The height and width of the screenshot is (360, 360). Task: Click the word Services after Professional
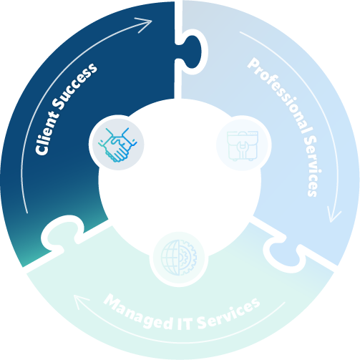pos(313,167)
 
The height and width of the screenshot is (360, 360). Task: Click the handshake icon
pos(117,145)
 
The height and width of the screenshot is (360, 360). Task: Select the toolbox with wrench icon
pos(243,145)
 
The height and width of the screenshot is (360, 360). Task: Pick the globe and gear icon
pos(179,258)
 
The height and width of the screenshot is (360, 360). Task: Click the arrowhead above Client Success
pos(144,24)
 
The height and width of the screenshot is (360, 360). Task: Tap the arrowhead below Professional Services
pos(334,214)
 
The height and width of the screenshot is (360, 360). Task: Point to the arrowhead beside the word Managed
pos(81,301)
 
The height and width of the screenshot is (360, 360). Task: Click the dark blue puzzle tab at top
pos(191,52)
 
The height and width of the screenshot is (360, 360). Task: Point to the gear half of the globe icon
pos(188,258)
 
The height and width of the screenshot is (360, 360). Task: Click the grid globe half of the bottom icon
pos(170,258)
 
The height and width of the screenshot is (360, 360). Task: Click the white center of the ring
pos(180,181)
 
